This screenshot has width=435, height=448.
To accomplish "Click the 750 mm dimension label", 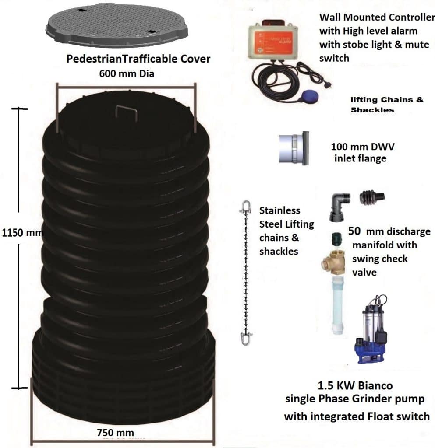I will [115, 433].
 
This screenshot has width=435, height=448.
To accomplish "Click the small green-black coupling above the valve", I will [336, 238].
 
